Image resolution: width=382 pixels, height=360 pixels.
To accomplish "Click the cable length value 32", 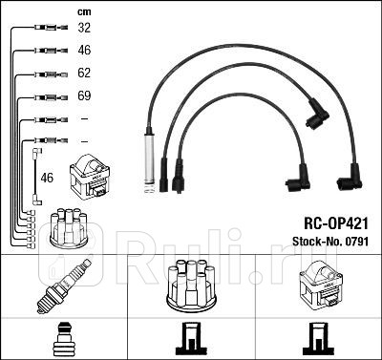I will click(x=83, y=29).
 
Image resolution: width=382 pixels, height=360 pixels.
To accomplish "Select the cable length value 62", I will click(x=83, y=73).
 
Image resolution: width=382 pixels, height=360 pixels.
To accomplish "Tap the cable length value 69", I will click(x=83, y=95).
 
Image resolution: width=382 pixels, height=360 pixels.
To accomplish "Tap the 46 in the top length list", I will click(x=83, y=51).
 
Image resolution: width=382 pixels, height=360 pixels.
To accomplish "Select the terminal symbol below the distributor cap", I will click(x=190, y=337).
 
